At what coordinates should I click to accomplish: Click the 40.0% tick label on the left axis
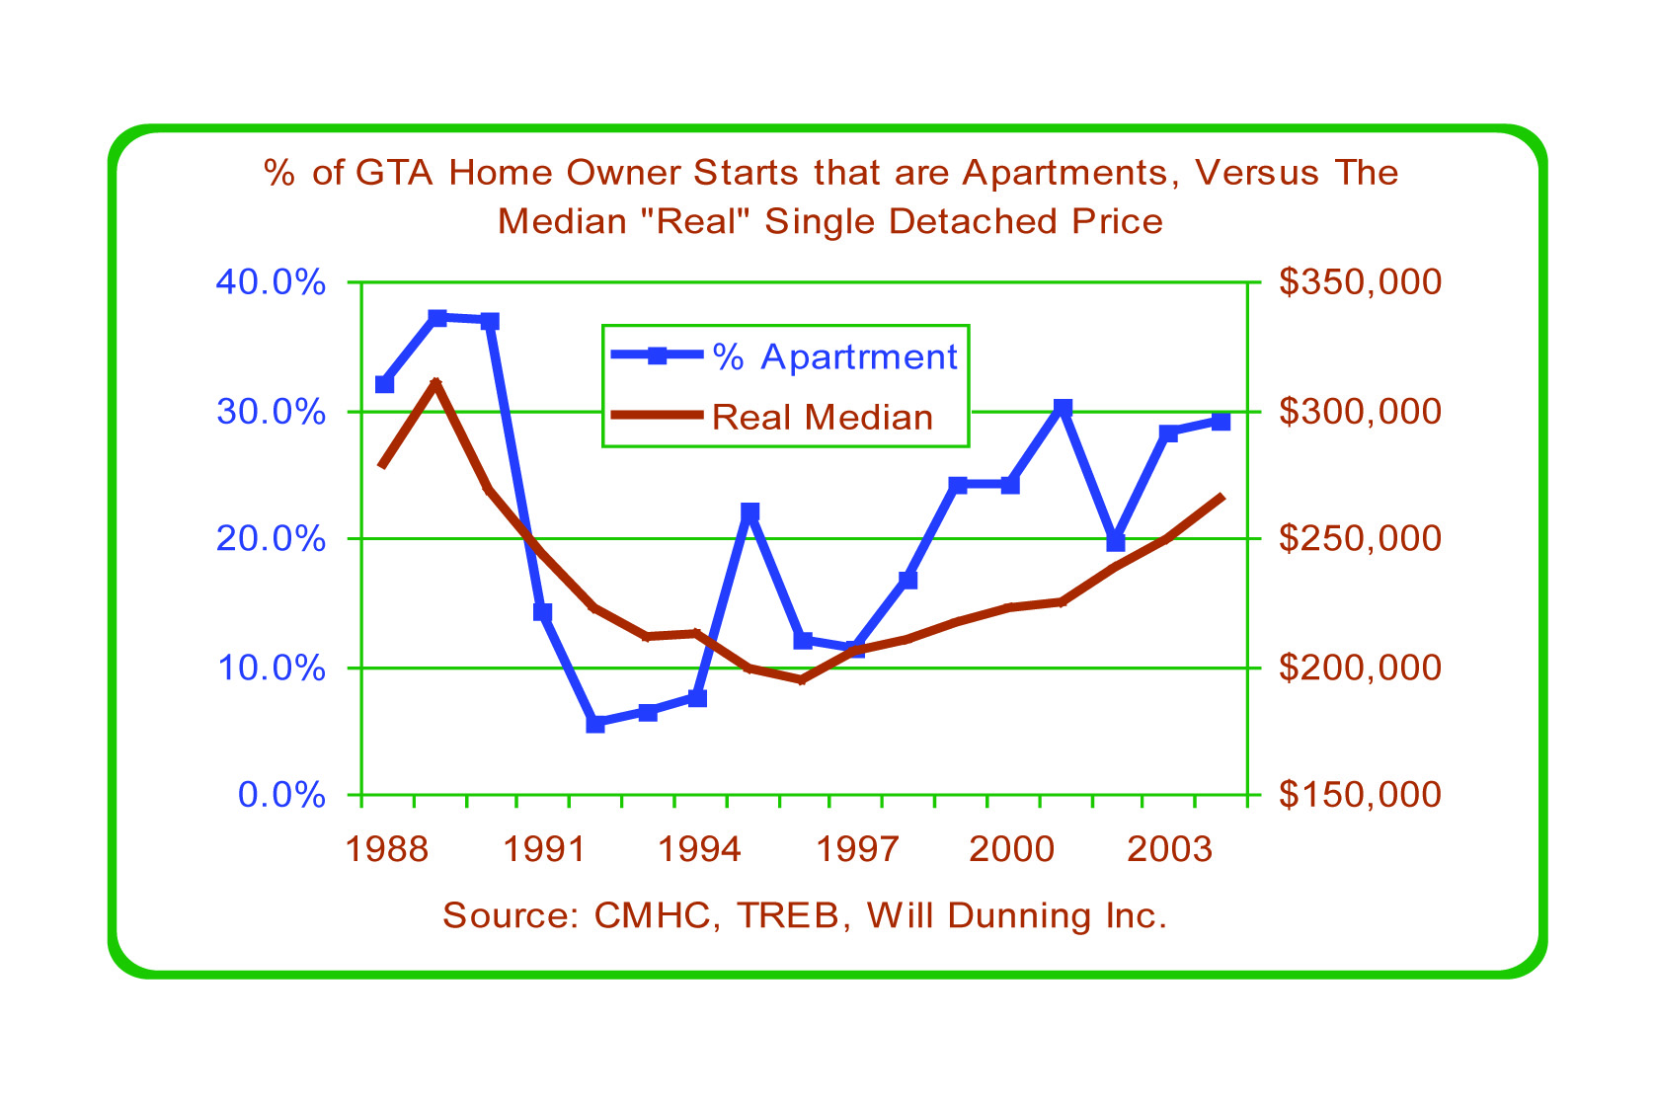coord(270,283)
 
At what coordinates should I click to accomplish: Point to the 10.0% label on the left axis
coord(270,669)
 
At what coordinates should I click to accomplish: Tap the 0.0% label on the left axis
coord(281,796)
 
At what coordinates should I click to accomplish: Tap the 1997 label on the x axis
coord(857,849)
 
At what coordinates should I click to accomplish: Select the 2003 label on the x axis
coord(1169,849)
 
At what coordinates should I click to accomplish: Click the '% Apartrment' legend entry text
coord(834,357)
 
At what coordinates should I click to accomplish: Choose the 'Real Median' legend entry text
coord(823,418)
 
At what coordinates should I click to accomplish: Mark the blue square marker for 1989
coord(437,318)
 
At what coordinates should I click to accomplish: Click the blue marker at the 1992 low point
coord(594,724)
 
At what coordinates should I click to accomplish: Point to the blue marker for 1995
coord(750,512)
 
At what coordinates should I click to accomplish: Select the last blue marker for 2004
coord(1221,422)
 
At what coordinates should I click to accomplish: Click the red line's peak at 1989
coord(435,382)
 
